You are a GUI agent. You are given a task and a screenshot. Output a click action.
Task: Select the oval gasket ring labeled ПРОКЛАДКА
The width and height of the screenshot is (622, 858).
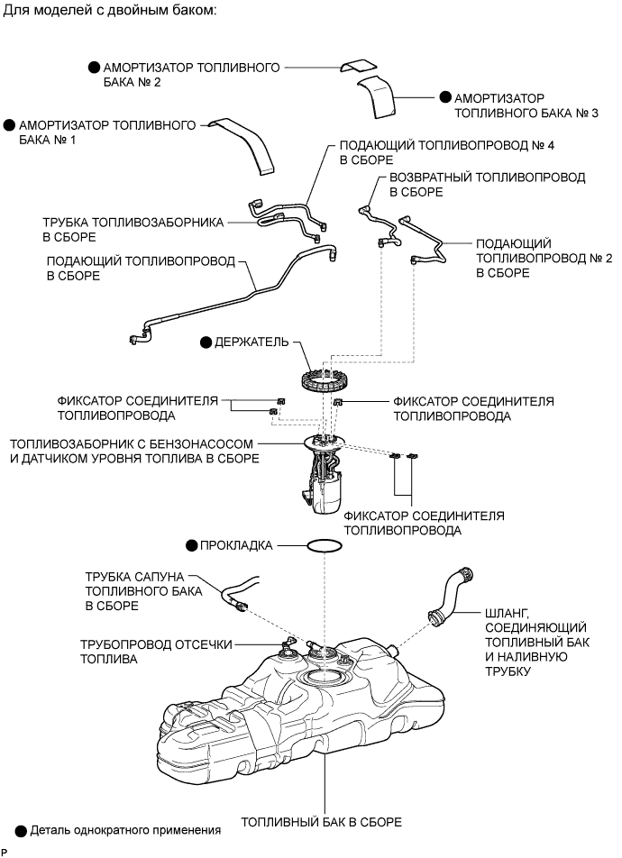pos(309,545)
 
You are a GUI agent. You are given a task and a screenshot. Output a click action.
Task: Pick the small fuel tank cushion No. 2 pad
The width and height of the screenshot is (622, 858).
pos(359,65)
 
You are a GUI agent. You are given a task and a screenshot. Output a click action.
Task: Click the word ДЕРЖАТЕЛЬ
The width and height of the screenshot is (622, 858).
pos(252,342)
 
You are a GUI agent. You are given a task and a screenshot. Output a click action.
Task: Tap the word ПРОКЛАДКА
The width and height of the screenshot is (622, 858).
pos(236,545)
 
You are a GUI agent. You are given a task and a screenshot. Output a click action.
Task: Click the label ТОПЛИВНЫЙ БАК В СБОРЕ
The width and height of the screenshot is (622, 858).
pos(322,823)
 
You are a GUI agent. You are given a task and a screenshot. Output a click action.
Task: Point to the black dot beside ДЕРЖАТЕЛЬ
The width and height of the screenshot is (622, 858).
pos(206,342)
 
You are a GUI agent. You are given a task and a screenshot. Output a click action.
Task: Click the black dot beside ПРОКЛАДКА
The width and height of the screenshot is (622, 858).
pos(191,545)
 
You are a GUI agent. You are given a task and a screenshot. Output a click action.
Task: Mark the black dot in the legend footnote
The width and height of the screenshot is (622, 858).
pos(21,831)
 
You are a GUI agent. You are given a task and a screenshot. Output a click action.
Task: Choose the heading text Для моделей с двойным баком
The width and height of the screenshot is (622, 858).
pos(111,11)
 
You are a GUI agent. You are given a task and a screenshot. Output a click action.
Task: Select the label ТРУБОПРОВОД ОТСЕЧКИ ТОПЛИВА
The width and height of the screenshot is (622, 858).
pos(156,652)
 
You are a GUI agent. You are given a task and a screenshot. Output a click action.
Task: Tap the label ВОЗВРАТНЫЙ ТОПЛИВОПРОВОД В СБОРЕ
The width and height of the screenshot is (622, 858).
pos(488,185)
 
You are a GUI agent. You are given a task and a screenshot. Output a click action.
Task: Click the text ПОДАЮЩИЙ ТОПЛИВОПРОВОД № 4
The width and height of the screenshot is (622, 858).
pos(447,146)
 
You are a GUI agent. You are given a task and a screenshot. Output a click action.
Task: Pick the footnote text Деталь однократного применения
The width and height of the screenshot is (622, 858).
pos(125,831)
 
